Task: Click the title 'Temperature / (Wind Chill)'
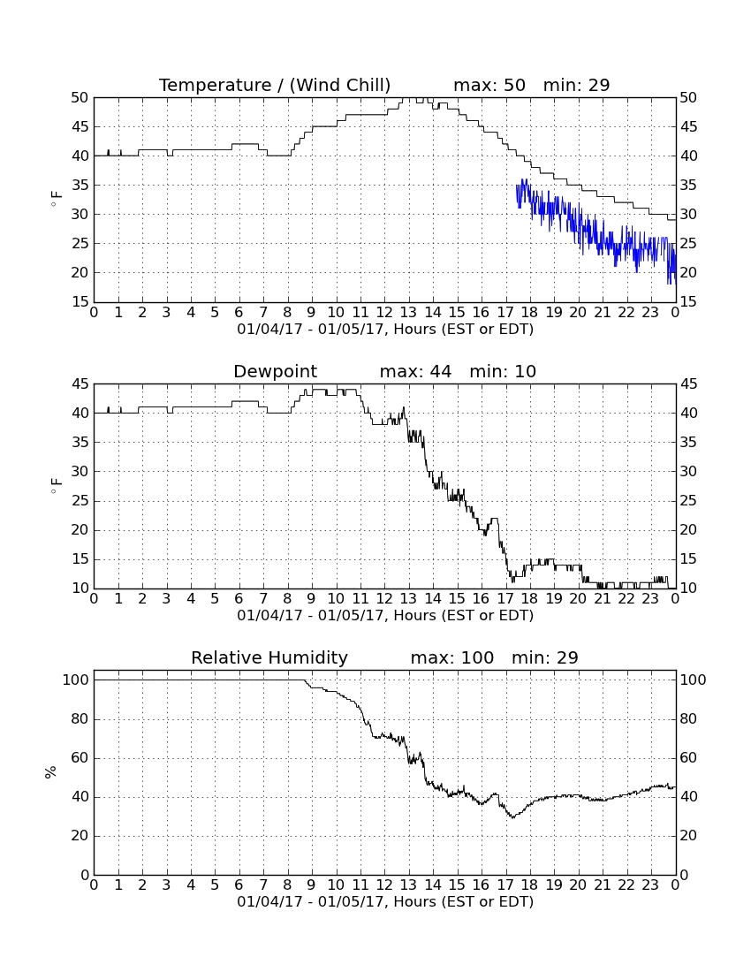coord(275,85)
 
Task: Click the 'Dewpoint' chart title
coord(275,371)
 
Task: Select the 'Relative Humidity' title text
coord(269,657)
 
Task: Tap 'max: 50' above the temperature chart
coord(489,85)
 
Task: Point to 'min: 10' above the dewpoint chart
coord(503,371)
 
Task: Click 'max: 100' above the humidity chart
coord(452,657)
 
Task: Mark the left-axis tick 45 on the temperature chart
coord(80,127)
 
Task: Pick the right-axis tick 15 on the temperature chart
coord(688,302)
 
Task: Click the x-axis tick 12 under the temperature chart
coord(384,313)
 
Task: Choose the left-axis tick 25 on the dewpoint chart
coord(80,501)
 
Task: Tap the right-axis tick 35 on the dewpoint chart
coord(688,443)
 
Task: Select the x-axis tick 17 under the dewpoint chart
coord(505,599)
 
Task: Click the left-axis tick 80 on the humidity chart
coord(80,719)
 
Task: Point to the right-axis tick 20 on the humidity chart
coord(688,836)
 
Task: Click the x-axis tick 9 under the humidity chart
coord(311,885)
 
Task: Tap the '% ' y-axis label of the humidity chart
coord(51,772)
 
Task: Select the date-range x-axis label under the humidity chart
coord(385,901)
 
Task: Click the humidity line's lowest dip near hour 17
coord(512,817)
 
